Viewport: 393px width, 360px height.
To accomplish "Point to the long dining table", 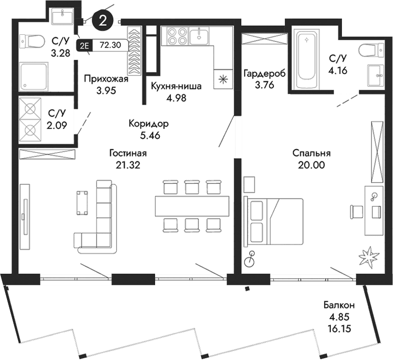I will coord(192,205).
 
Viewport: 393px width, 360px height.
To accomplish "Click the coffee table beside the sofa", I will coord(83,202).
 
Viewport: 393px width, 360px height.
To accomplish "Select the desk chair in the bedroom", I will coord(356,210).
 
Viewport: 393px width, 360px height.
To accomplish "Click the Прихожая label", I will coord(105,79).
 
